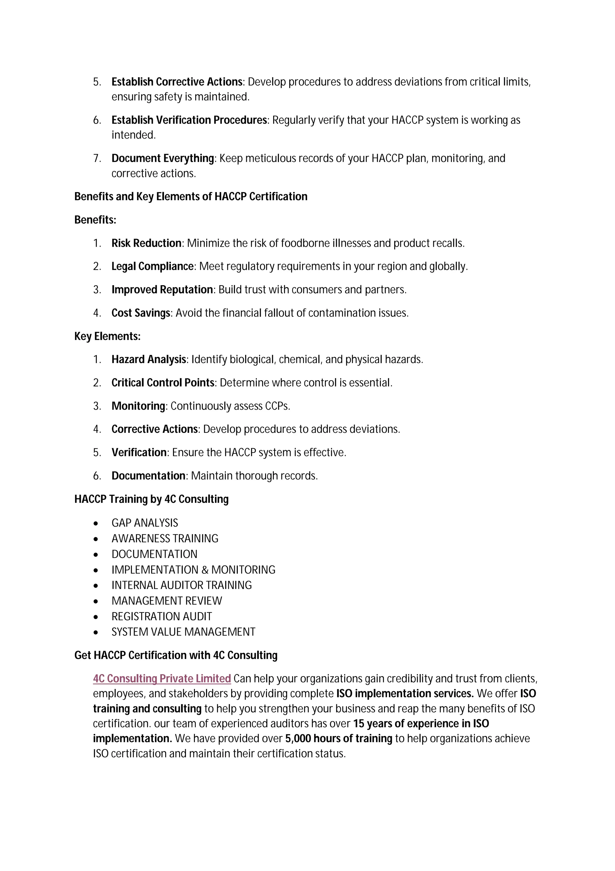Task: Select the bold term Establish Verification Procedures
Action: pos(189,120)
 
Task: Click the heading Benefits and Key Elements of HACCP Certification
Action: pos(191,197)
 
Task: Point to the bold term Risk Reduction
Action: pos(146,243)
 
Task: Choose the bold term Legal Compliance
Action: pos(152,266)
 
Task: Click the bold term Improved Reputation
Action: pos(162,289)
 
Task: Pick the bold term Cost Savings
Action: pos(141,313)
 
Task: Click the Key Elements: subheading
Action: pos(107,337)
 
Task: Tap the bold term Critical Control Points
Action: pos(163,383)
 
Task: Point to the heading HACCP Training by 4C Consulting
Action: pos(151,499)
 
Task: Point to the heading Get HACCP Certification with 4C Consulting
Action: pos(176,655)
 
